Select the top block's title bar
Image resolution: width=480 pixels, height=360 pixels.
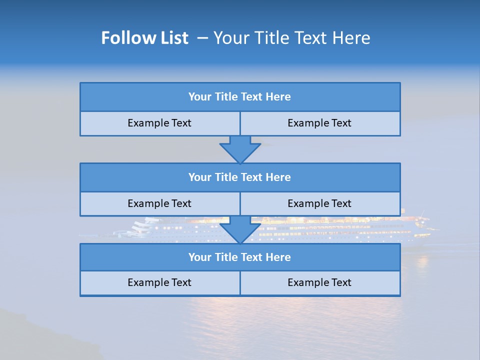pos(240,97)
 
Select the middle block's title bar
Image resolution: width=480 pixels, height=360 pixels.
pos(240,177)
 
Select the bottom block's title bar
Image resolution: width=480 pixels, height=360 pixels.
pos(240,257)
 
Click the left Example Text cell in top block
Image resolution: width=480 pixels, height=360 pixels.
pos(160,123)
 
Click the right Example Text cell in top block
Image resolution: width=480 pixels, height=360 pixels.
pos(320,123)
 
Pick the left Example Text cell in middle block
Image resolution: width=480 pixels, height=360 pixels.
pos(160,203)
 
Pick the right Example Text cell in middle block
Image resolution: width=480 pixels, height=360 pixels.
pos(320,203)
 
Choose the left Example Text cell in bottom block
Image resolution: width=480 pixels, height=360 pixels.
pos(160,282)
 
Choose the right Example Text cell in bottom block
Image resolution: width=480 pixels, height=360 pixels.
pos(320,282)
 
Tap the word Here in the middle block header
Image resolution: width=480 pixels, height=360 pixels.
pos(278,177)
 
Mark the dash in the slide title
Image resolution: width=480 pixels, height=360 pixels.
pos(202,38)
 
